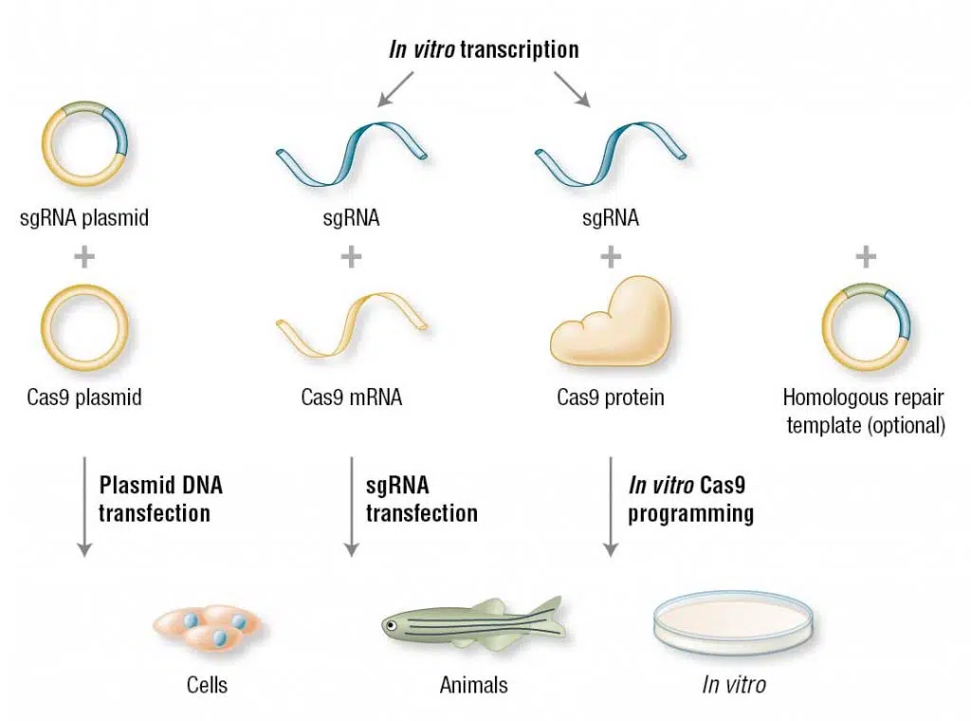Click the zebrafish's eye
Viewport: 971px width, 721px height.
[x=390, y=624]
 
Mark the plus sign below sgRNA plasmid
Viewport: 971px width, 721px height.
[x=84, y=257]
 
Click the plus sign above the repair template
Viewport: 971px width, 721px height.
[x=865, y=255]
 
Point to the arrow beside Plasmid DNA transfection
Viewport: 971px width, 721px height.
[x=84, y=507]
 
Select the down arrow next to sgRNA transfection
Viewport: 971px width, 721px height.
[x=352, y=507]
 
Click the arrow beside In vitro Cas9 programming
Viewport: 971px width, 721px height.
[x=611, y=507]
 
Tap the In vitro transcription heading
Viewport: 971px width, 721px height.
[x=484, y=49]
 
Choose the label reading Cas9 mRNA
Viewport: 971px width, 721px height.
[x=351, y=397]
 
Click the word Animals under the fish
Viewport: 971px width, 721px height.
[x=473, y=685]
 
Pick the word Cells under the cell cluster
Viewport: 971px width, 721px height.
[x=206, y=685]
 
